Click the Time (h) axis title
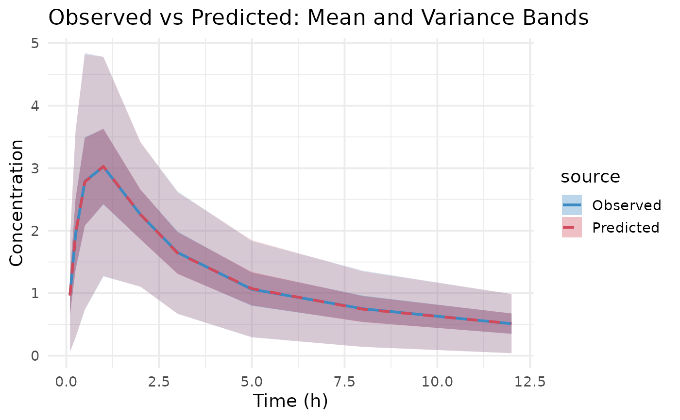tap(290, 402)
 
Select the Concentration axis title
tap(17, 202)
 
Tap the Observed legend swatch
tap(572, 205)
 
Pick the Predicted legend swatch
tap(572, 227)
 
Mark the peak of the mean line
tap(103, 167)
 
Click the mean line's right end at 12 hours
tap(511, 323)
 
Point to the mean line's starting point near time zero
tap(70, 295)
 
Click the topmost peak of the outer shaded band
tap(85, 54)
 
